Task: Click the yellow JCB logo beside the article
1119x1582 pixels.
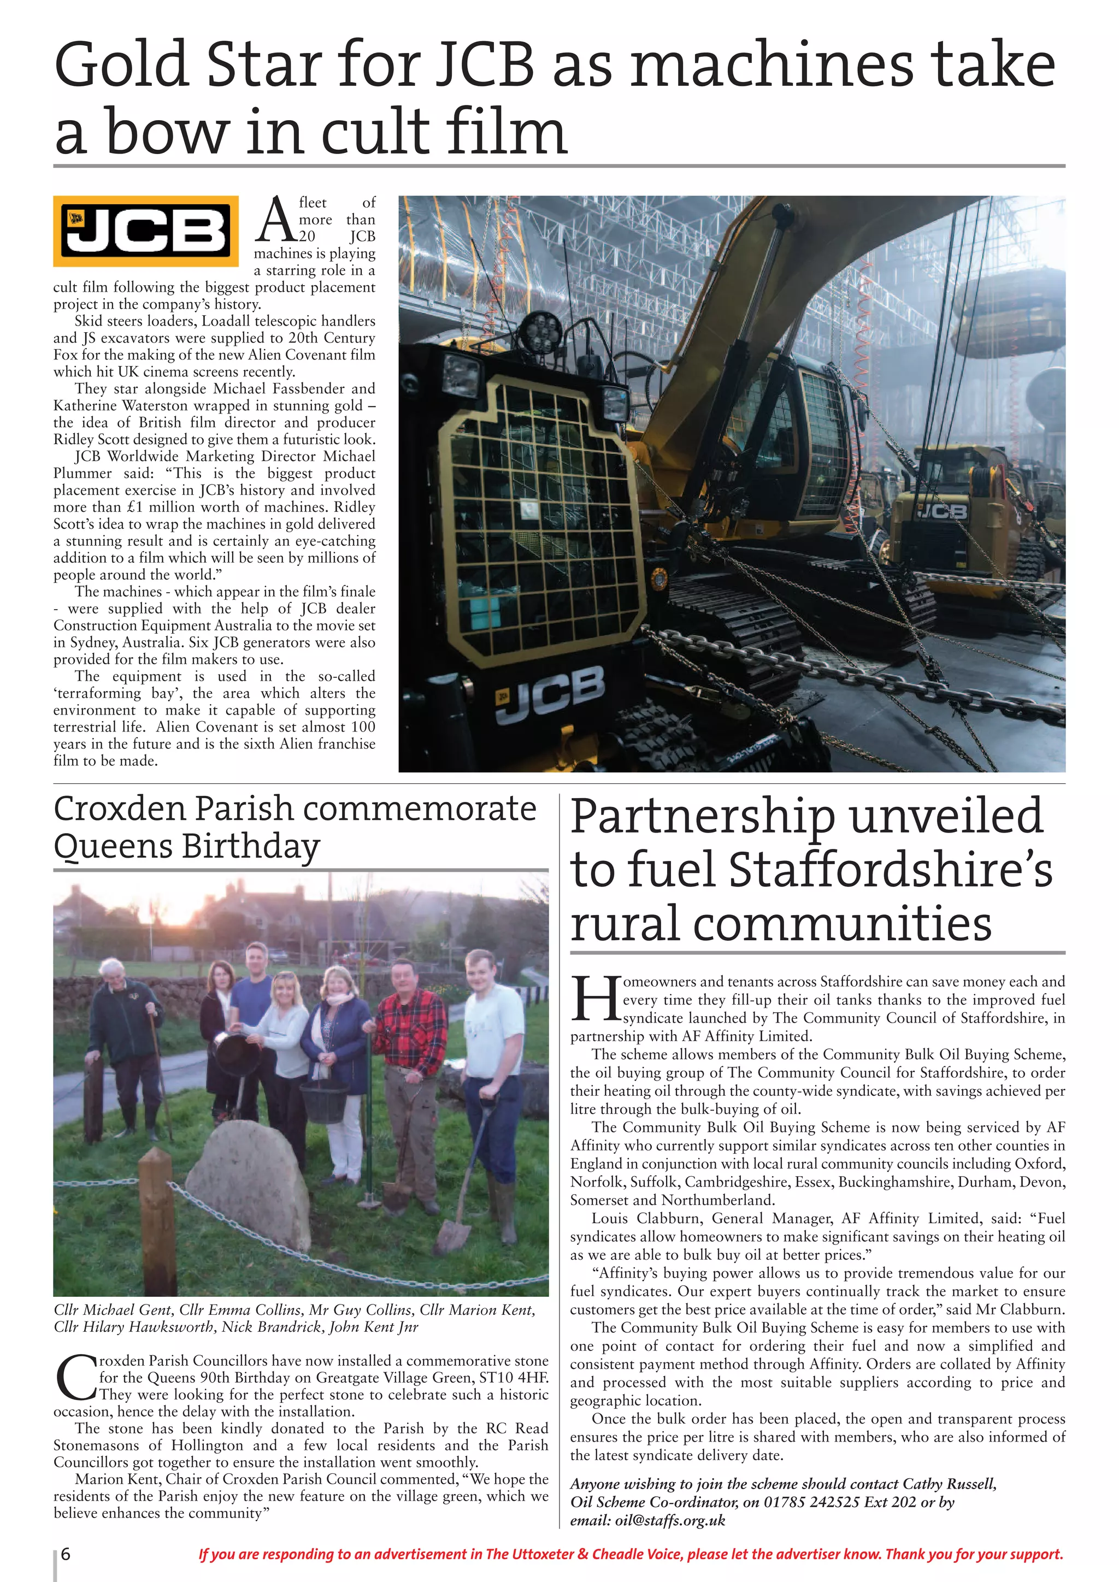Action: pyautogui.click(x=145, y=232)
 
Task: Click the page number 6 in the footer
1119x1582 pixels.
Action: pyautogui.click(x=66, y=1554)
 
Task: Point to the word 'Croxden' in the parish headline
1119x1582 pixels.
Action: pyautogui.click(x=121, y=809)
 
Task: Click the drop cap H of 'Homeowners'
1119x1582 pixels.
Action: pyautogui.click(x=594, y=1000)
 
